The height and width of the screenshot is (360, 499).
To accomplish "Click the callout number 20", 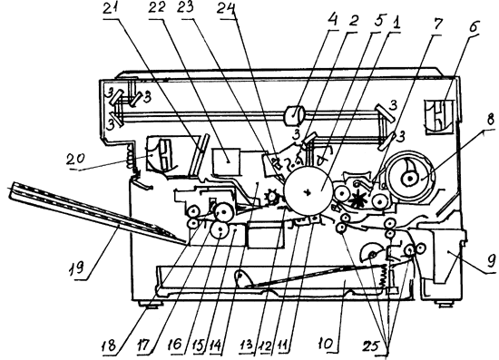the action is [x=75, y=159].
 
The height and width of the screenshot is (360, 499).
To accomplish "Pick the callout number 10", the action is [x=327, y=344].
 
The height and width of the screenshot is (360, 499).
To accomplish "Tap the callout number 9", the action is [x=491, y=261].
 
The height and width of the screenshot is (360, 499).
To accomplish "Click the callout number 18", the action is [x=111, y=345].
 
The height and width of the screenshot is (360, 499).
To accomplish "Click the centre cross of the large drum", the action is [x=307, y=192].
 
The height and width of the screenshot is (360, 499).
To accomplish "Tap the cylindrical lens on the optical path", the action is [x=294, y=115].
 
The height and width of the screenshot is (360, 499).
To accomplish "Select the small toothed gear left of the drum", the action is [x=272, y=197].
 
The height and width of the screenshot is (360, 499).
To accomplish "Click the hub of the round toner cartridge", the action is [x=409, y=179].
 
